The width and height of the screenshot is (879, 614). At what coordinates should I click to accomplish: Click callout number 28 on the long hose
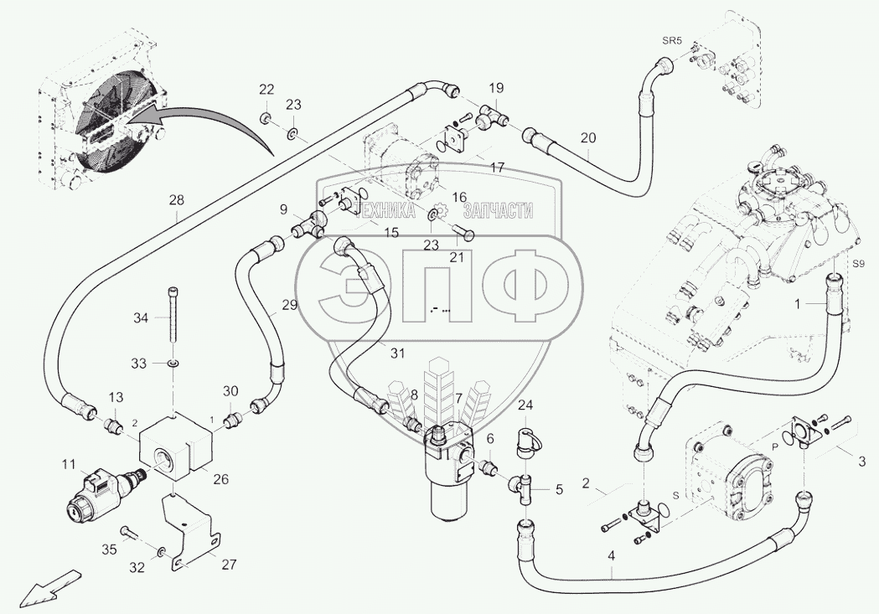click(x=175, y=200)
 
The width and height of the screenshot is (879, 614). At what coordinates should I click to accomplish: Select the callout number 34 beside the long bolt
click(x=141, y=318)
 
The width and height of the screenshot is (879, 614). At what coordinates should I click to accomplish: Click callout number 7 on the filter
click(x=458, y=398)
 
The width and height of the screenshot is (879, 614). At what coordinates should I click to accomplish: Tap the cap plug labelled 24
click(x=526, y=441)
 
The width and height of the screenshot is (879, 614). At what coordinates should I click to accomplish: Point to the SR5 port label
click(x=673, y=39)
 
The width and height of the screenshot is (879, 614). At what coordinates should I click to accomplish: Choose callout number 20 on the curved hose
click(x=587, y=138)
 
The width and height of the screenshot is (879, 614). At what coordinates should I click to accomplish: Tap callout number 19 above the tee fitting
click(x=496, y=88)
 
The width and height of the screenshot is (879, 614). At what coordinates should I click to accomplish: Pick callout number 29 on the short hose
click(x=289, y=306)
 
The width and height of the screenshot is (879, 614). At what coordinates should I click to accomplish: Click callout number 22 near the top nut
click(x=266, y=90)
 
